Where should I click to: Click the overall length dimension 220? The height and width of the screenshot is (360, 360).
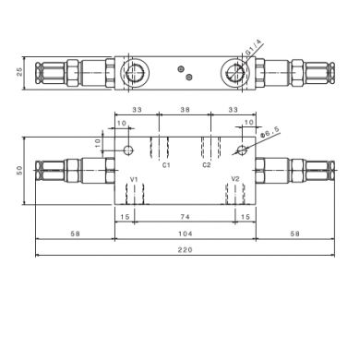tap(185, 249)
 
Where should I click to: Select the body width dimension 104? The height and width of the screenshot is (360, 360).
tap(186, 234)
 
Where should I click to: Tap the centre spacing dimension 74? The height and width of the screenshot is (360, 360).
tap(185, 217)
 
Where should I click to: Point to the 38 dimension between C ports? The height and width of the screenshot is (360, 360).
tap(185, 109)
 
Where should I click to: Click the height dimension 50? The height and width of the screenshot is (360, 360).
tap(19, 170)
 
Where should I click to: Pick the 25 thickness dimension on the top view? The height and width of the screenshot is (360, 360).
tap(19, 72)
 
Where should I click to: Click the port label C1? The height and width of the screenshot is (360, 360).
tap(166, 165)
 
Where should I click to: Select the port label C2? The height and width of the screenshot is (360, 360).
tap(207, 165)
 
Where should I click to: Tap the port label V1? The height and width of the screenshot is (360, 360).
tap(134, 179)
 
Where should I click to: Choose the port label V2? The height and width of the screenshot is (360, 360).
tap(235, 179)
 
